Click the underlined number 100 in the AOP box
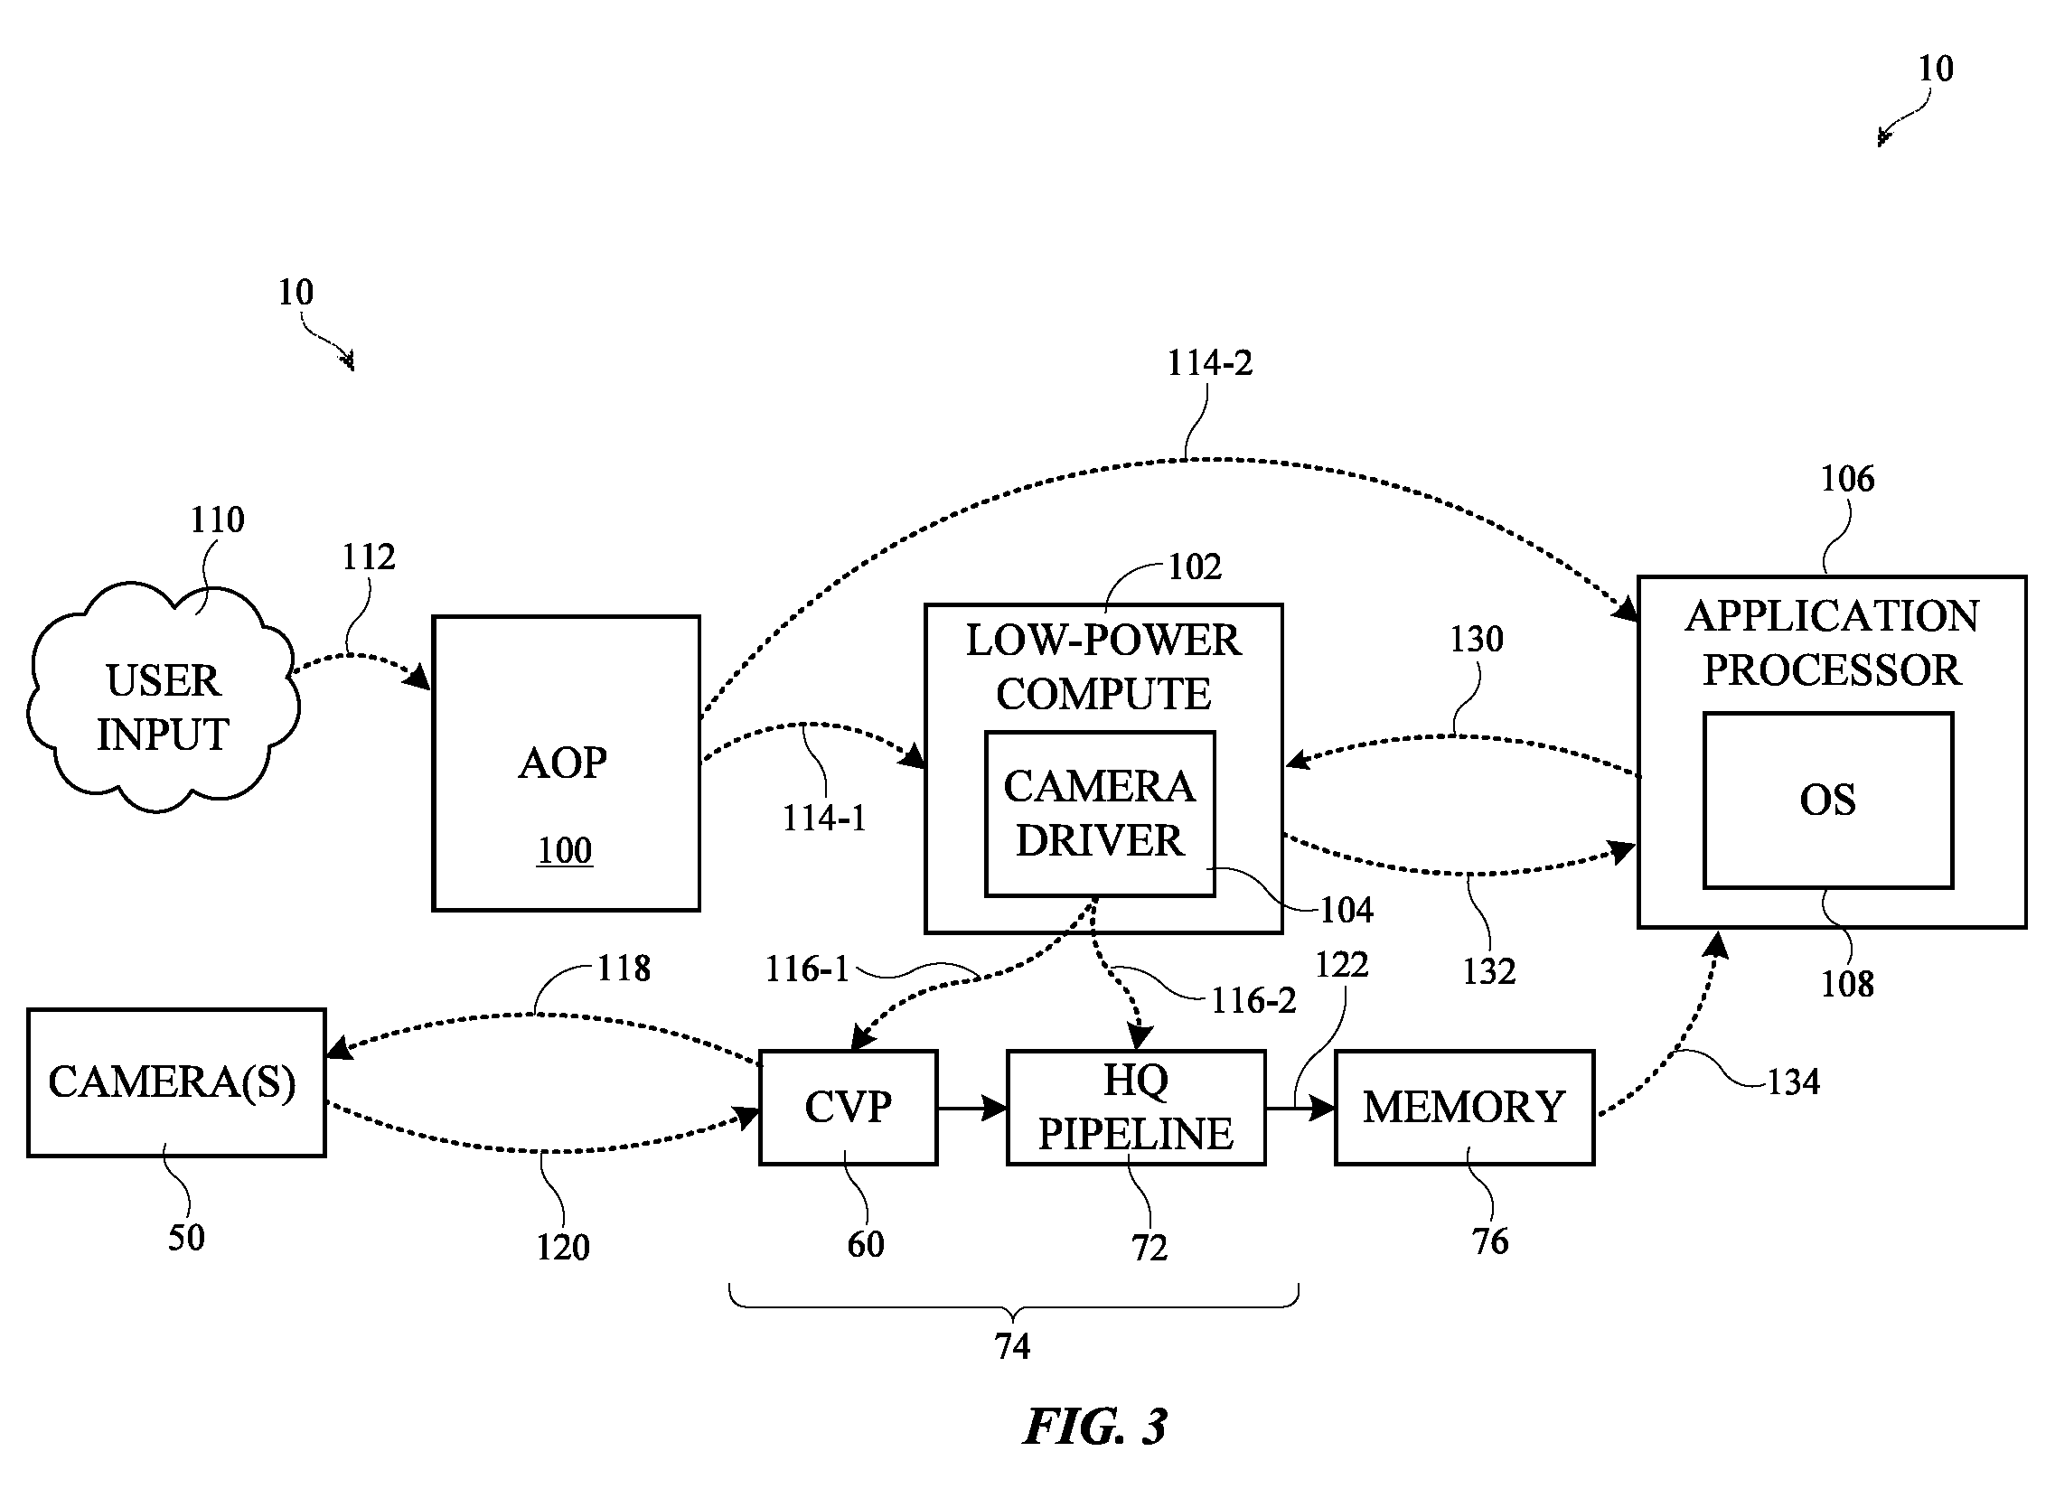[x=564, y=850]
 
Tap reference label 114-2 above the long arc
[x=1209, y=363]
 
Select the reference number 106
[x=1847, y=479]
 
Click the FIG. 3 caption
[x=1095, y=1427]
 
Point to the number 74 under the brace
[x=1012, y=1346]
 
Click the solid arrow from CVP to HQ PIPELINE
[x=972, y=1107]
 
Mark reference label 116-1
[x=807, y=969]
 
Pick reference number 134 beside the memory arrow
[x=1793, y=1081]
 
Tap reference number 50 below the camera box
[x=186, y=1237]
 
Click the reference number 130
[x=1477, y=641]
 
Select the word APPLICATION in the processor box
[x=1832, y=616]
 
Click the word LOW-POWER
[x=1103, y=641]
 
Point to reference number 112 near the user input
[x=368, y=557]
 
